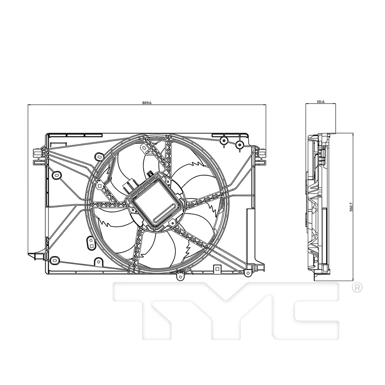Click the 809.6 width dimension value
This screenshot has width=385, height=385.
click(147, 103)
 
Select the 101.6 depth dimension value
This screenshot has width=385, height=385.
click(320, 102)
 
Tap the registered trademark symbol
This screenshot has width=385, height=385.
click(357, 288)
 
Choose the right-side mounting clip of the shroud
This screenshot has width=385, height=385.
click(261, 156)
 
